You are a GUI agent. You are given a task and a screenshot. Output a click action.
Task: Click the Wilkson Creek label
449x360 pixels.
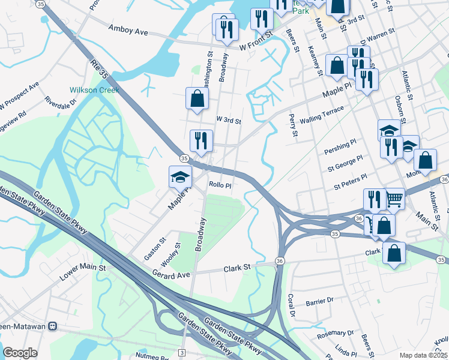pos(94,90)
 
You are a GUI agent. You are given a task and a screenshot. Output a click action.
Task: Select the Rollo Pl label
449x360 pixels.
pos(220,185)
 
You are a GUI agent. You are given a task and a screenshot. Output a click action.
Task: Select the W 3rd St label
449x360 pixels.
pos(228,121)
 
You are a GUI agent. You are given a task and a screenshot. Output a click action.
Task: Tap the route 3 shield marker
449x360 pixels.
pos(182,351)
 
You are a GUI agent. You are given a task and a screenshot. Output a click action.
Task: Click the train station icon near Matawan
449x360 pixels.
pos(53,326)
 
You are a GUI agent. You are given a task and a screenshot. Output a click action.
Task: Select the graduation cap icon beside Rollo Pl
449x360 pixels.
pos(179,176)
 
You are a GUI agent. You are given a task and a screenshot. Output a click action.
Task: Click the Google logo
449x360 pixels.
pos(20,352)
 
